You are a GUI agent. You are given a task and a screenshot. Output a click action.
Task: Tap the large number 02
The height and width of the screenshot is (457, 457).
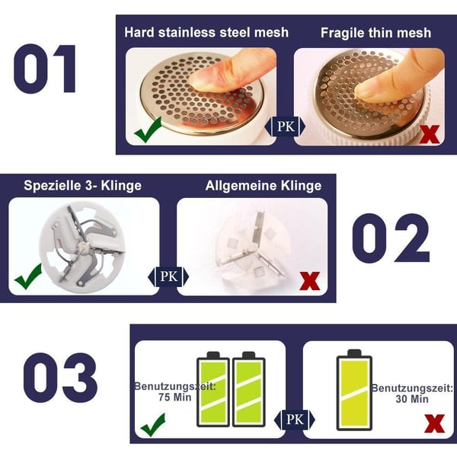[x=395, y=238]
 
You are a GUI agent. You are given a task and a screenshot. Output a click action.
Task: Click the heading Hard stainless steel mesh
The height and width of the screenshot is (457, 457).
[x=206, y=33]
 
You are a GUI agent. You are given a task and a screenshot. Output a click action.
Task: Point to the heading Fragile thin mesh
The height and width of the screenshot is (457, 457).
[x=376, y=33]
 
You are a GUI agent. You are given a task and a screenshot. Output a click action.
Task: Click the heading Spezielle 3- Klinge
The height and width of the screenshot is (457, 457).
[x=82, y=186]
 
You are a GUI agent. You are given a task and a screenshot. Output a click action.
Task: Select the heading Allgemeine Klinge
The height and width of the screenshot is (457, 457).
[x=264, y=186]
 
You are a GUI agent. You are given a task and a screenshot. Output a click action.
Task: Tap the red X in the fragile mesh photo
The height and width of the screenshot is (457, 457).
[x=430, y=135]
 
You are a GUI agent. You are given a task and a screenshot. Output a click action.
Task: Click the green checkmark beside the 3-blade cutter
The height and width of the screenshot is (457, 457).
[x=28, y=277]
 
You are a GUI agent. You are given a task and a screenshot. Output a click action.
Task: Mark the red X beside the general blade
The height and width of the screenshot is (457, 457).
[x=310, y=281]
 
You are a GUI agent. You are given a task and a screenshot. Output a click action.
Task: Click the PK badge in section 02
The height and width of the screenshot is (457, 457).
[x=168, y=276]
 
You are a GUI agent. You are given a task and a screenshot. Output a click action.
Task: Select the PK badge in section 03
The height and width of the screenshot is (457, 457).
[x=294, y=418]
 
